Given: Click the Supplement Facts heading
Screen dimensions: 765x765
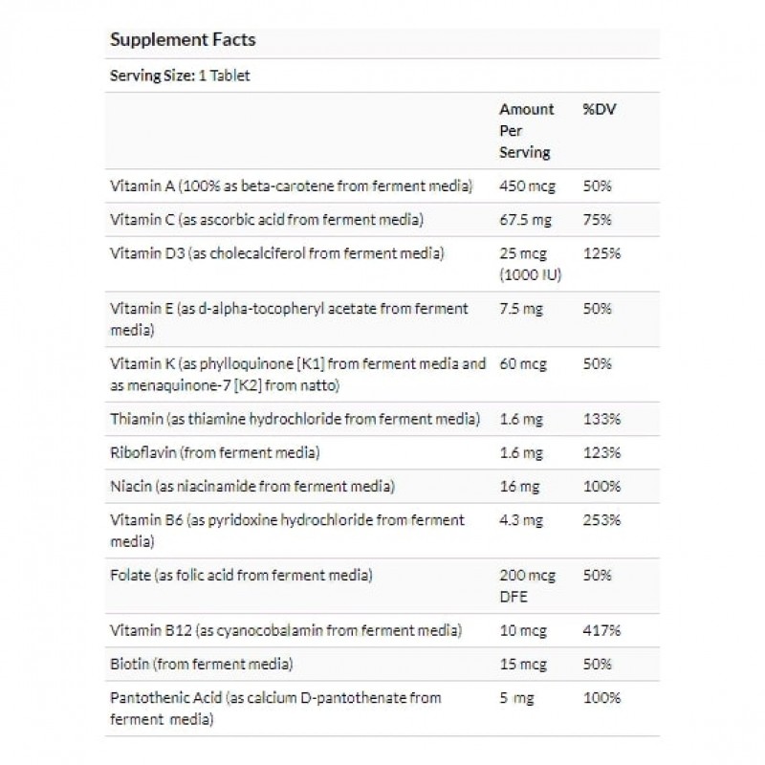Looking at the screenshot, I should coord(182,40).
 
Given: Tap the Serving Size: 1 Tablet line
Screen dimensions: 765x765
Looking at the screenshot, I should coord(180,76).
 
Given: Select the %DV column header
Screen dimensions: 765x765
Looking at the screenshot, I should coord(598,109).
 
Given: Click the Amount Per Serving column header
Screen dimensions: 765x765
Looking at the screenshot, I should coord(526,130).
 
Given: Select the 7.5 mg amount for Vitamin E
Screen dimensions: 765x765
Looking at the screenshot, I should coord(522,309).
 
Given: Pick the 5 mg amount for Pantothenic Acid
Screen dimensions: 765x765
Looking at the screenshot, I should coord(517,698).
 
